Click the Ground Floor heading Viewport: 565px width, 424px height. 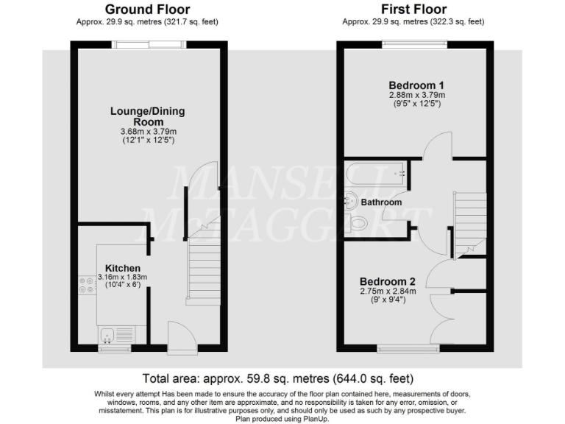point(148,10)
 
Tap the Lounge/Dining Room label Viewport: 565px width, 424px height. point(148,116)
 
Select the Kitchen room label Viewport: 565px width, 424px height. point(123,267)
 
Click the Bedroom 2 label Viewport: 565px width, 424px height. point(388,281)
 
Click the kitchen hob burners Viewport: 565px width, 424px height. point(83,283)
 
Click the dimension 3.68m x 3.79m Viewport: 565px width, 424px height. point(148,132)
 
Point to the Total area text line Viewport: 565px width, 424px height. point(278,379)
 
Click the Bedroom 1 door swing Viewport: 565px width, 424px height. point(440,145)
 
